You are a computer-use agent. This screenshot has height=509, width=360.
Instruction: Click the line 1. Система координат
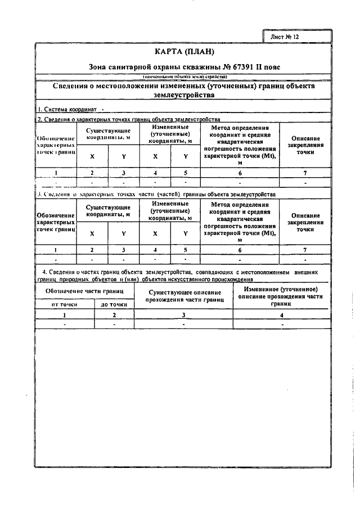[67, 110]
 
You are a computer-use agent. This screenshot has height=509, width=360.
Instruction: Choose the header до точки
[114, 304]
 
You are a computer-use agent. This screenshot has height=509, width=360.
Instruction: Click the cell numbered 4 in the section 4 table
[282, 315]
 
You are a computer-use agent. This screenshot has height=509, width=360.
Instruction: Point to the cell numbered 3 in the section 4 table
[183, 315]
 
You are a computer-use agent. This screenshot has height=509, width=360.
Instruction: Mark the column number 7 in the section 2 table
[305, 173]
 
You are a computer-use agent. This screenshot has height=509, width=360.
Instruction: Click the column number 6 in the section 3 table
[240, 249]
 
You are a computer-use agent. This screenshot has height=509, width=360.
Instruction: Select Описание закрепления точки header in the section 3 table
[305, 222]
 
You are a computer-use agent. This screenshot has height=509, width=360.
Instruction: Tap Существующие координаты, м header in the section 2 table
[108, 133]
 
